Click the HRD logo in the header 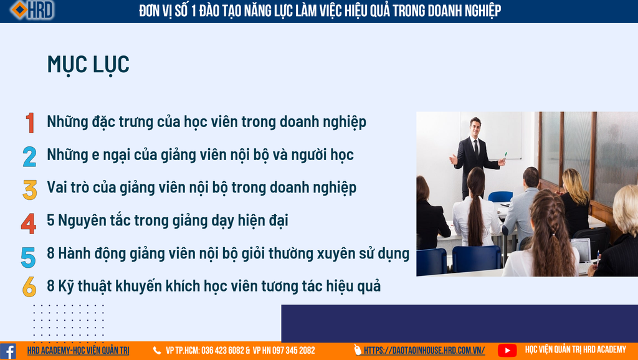[32, 10]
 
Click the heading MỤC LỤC [88, 65]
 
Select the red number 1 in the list [30, 123]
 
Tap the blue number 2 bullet [29, 156]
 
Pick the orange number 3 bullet [30, 190]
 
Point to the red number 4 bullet [29, 224]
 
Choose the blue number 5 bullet [29, 257]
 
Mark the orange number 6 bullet [29, 287]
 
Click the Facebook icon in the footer [8, 351]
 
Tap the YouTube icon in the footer [507, 350]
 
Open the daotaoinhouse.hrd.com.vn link [424, 350]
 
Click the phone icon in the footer [156, 350]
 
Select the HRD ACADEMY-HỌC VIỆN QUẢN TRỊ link [78, 350]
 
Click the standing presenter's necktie [476, 149]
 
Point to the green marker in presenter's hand [505, 156]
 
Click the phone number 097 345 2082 [293, 350]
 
